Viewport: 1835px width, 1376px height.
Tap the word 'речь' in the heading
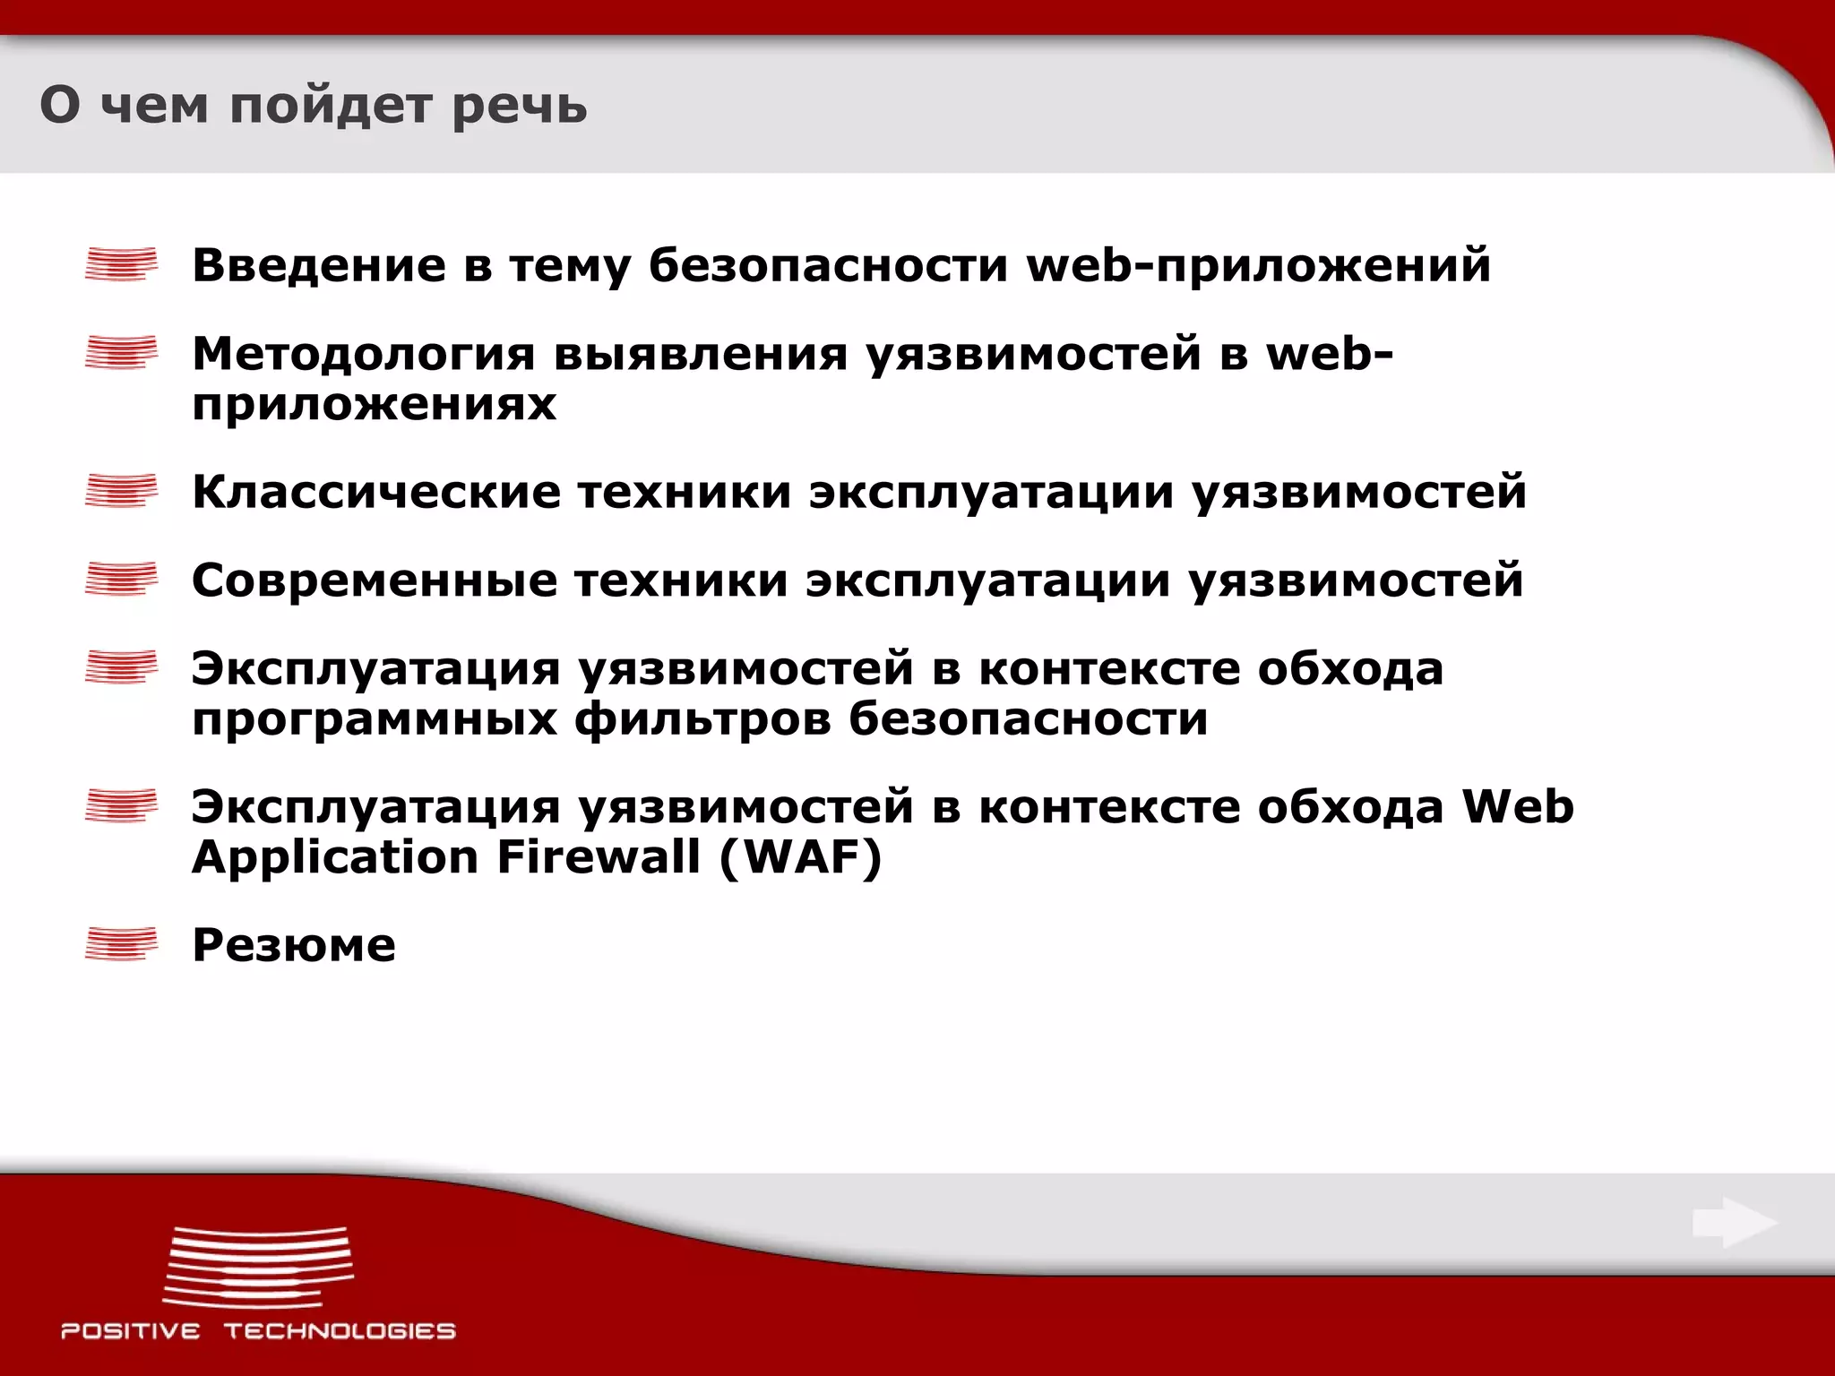tap(519, 107)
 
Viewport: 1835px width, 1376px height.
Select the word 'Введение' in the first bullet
tap(319, 265)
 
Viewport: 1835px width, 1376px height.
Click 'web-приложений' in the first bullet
tap(1258, 267)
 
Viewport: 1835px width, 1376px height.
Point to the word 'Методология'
tap(363, 355)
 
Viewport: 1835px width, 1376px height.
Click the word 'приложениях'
tap(374, 406)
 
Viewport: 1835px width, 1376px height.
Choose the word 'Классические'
tap(376, 492)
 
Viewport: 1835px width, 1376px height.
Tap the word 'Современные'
tap(375, 580)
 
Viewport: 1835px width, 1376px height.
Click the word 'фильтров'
tap(702, 718)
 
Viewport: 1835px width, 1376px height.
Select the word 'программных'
tap(374, 720)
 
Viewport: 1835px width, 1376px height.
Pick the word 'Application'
tap(336, 859)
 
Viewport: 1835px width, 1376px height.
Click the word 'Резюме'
tap(294, 945)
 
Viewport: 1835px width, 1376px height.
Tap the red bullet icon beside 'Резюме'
tap(121, 944)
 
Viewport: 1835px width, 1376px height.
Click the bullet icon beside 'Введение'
tap(121, 264)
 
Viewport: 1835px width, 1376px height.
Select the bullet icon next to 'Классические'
tap(121, 491)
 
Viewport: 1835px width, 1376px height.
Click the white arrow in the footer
tap(1735, 1223)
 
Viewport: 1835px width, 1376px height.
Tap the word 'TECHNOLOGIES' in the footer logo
tap(340, 1331)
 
